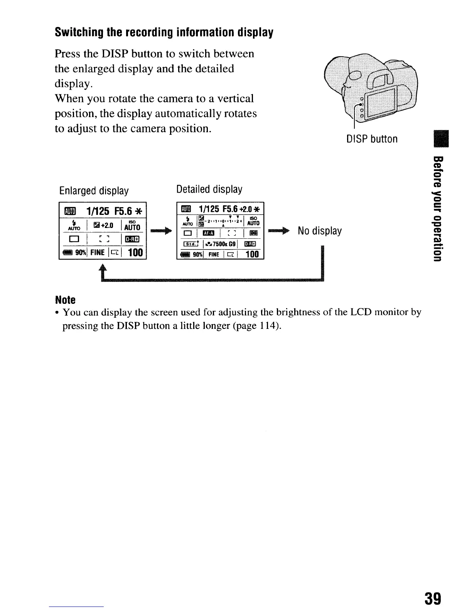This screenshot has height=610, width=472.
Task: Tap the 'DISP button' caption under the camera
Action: click(x=372, y=139)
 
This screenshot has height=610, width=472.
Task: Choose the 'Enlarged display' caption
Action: click(x=94, y=191)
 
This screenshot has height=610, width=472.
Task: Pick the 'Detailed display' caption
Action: click(x=209, y=189)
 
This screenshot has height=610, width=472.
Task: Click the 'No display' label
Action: click(x=319, y=231)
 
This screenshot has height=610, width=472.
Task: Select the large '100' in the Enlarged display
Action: click(x=135, y=252)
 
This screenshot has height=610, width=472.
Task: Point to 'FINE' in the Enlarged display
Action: click(x=98, y=253)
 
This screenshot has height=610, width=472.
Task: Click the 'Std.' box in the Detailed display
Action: click(x=191, y=243)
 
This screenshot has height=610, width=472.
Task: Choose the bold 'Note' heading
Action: click(x=65, y=300)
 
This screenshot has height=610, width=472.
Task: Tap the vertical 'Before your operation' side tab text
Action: click(x=437, y=208)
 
